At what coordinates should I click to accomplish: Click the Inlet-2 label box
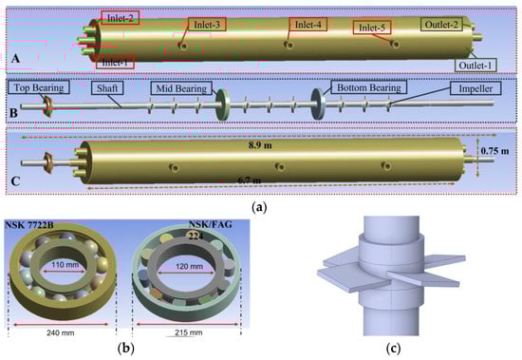click(120, 18)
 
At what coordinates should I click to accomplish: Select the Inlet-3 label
click(207, 25)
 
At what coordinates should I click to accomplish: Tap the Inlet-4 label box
click(308, 25)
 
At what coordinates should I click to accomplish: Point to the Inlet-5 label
click(371, 28)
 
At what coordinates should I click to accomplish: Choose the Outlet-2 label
click(441, 24)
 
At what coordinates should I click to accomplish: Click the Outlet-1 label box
click(475, 65)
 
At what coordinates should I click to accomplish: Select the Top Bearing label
click(39, 87)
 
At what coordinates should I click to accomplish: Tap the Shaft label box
click(107, 88)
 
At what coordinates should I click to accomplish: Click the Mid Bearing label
click(181, 88)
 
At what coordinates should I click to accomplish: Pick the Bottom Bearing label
click(369, 87)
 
